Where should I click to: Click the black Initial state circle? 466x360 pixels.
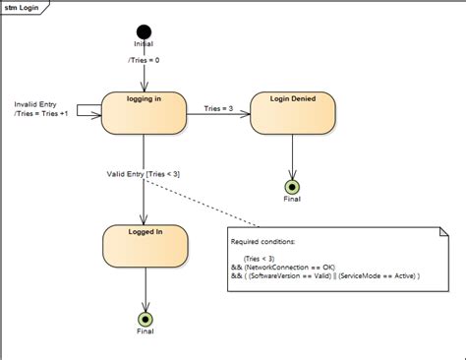145,32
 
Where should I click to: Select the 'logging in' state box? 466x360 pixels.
145,113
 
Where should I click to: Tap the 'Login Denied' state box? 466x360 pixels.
292,113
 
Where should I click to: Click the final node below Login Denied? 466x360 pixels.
292,187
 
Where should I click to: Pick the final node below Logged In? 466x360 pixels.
146,320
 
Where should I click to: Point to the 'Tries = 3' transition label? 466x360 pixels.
219,108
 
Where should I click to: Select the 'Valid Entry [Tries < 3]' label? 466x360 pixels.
144,174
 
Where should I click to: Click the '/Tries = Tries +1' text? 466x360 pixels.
45,114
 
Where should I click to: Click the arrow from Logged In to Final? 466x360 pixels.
146,290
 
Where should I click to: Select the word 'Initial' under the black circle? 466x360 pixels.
145,44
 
